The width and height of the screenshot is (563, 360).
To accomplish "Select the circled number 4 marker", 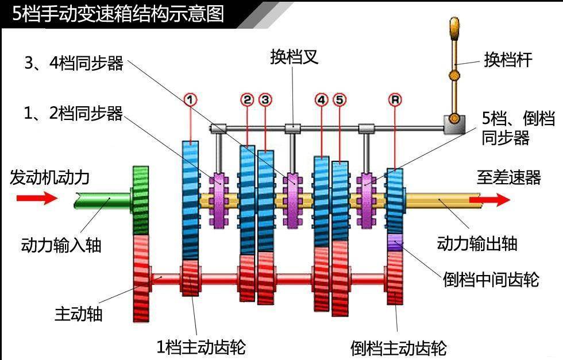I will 321,99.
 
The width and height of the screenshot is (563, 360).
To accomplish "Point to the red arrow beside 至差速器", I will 489,200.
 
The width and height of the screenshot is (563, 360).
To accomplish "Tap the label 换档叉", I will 294,57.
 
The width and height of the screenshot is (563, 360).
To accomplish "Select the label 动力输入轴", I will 61,245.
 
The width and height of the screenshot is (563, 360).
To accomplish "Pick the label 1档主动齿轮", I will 201,347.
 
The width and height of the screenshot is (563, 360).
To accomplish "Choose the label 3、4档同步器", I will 74,63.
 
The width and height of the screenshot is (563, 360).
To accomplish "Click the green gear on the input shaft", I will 141,199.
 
